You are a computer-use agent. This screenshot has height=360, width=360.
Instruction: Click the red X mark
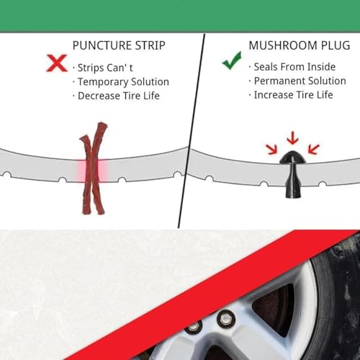pyautogui.click(x=57, y=63)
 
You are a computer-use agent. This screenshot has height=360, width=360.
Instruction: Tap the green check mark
pyautogui.click(x=232, y=61)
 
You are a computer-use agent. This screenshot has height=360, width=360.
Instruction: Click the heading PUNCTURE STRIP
pyautogui.click(x=119, y=45)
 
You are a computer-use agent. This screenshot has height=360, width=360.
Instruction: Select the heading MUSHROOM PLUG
pyautogui.click(x=300, y=45)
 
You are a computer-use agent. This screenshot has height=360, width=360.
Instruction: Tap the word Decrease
pyautogui.click(x=99, y=96)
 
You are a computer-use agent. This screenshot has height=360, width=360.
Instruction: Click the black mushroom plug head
pyautogui.click(x=292, y=158)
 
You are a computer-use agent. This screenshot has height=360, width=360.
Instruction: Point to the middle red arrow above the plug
pyautogui.click(x=292, y=138)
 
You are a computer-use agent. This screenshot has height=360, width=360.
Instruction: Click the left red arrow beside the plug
pyautogui.click(x=271, y=149)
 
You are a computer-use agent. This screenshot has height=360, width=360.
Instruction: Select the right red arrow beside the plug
pyautogui.click(x=314, y=149)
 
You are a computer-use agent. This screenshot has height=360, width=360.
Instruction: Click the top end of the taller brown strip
pyautogui.click(x=102, y=124)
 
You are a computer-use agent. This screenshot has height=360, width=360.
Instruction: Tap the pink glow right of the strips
pyautogui.click(x=103, y=170)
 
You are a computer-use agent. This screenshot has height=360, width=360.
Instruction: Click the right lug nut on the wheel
pyautogui.click(x=225, y=319)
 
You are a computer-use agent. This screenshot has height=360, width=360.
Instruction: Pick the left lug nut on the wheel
pyautogui.click(x=194, y=327)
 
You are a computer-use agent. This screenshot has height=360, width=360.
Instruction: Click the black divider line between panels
pyautogui.click(x=192, y=131)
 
